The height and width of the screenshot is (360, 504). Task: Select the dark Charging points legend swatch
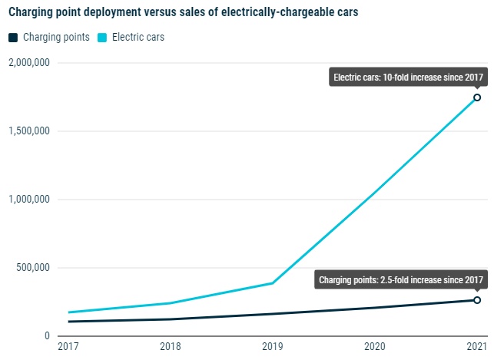click(x=12, y=37)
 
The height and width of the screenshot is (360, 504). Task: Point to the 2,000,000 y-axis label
click(x=28, y=62)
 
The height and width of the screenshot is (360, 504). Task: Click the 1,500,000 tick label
click(x=28, y=130)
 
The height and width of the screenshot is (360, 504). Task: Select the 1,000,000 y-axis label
click(x=28, y=200)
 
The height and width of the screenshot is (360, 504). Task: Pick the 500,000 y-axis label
click(x=33, y=268)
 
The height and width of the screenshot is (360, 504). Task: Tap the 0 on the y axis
click(x=47, y=336)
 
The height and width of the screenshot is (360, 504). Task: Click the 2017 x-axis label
click(x=68, y=347)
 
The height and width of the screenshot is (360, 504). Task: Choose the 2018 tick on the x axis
click(x=170, y=347)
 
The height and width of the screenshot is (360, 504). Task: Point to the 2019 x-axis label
click(x=272, y=347)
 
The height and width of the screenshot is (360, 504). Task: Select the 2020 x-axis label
click(x=375, y=347)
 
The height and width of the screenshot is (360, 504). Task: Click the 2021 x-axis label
click(x=477, y=347)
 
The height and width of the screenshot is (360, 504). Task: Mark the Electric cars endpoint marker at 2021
click(x=477, y=97)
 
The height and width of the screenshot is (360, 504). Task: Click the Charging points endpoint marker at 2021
click(x=477, y=300)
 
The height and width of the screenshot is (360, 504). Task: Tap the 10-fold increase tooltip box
click(x=408, y=78)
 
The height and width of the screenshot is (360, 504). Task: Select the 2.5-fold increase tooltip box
click(x=401, y=280)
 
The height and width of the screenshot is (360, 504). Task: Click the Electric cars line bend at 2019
click(x=273, y=283)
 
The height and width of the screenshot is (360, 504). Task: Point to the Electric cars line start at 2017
click(x=68, y=312)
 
